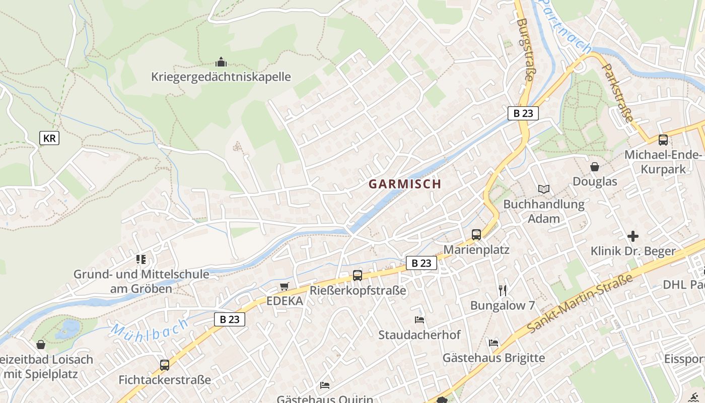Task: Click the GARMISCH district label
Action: (404, 184)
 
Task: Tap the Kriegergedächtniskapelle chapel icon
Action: (221, 62)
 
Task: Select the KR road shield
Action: (49, 138)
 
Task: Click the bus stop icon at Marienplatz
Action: (476, 234)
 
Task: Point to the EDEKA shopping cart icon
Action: (284, 286)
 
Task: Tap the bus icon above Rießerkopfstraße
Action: (357, 275)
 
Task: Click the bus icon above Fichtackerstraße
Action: (164, 365)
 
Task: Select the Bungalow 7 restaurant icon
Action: (502, 290)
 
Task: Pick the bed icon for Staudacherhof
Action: (419, 319)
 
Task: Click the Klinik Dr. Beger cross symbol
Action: (633, 236)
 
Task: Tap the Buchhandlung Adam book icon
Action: (543, 189)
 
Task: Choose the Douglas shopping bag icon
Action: (595, 167)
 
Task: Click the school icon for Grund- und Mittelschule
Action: (141, 259)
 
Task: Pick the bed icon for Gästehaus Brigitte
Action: (493, 343)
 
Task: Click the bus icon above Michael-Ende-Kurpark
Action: (663, 140)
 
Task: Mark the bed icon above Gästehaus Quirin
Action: (325, 385)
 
